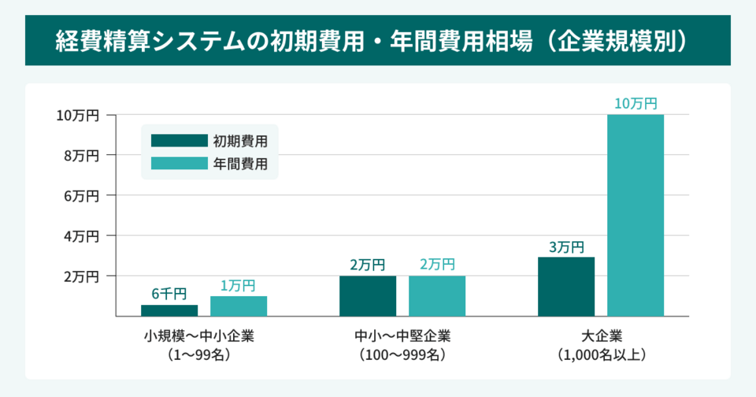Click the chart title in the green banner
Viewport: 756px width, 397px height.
378,41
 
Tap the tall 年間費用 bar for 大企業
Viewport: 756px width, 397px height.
636,215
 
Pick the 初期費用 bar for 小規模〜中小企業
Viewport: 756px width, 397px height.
169,310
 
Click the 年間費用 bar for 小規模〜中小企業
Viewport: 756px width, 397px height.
239,306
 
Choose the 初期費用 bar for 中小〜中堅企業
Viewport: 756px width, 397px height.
368,296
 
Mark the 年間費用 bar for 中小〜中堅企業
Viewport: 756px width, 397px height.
437,296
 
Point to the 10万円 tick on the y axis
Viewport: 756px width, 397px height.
77,116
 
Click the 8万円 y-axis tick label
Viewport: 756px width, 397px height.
81,156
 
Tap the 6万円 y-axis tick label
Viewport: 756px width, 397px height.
81,196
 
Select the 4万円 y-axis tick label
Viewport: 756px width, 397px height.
81,236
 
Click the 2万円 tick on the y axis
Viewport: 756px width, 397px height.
81,276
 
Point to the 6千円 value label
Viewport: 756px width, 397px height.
169,294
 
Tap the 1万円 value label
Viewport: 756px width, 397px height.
238,286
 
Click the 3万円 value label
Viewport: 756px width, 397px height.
566,247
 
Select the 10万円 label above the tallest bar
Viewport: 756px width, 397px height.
636,103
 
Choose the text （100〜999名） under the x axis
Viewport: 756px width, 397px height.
402,354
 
